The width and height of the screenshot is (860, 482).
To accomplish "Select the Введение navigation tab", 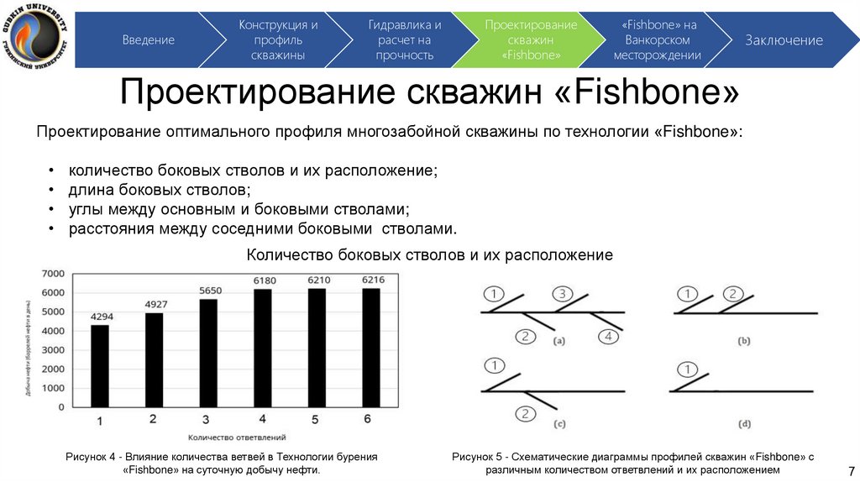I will point(149,39).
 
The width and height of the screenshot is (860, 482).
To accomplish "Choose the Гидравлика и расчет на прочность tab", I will point(405,39).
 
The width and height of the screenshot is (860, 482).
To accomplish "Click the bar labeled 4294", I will point(100,365).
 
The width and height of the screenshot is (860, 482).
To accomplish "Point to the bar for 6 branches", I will point(371,347).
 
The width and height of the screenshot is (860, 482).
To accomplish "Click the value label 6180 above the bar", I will point(263,280).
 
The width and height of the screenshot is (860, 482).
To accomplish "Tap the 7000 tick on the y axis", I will point(53,274).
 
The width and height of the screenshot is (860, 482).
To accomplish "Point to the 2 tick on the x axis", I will point(153,418).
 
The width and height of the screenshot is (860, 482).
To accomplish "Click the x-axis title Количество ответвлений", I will point(237,437).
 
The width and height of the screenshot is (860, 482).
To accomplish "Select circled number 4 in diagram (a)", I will point(609,337).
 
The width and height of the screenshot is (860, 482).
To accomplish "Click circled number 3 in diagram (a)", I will point(562,293).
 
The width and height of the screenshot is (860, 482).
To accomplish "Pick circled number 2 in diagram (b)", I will point(732,294).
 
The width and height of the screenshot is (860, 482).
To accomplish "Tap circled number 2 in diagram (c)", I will point(525,413).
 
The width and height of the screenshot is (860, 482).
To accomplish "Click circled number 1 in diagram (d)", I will point(688,369).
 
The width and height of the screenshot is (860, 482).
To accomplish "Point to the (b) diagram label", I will point(744,342).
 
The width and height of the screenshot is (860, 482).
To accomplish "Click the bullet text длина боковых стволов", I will point(160,189).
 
